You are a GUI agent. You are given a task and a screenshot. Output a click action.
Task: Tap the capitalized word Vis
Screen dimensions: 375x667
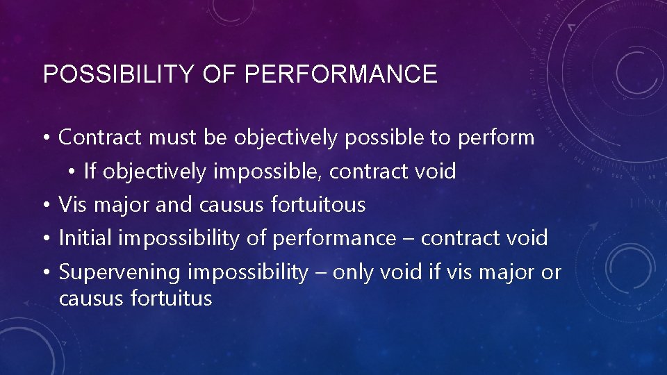(x=73, y=205)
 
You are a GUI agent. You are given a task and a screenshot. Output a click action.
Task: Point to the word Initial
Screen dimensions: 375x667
(x=86, y=238)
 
